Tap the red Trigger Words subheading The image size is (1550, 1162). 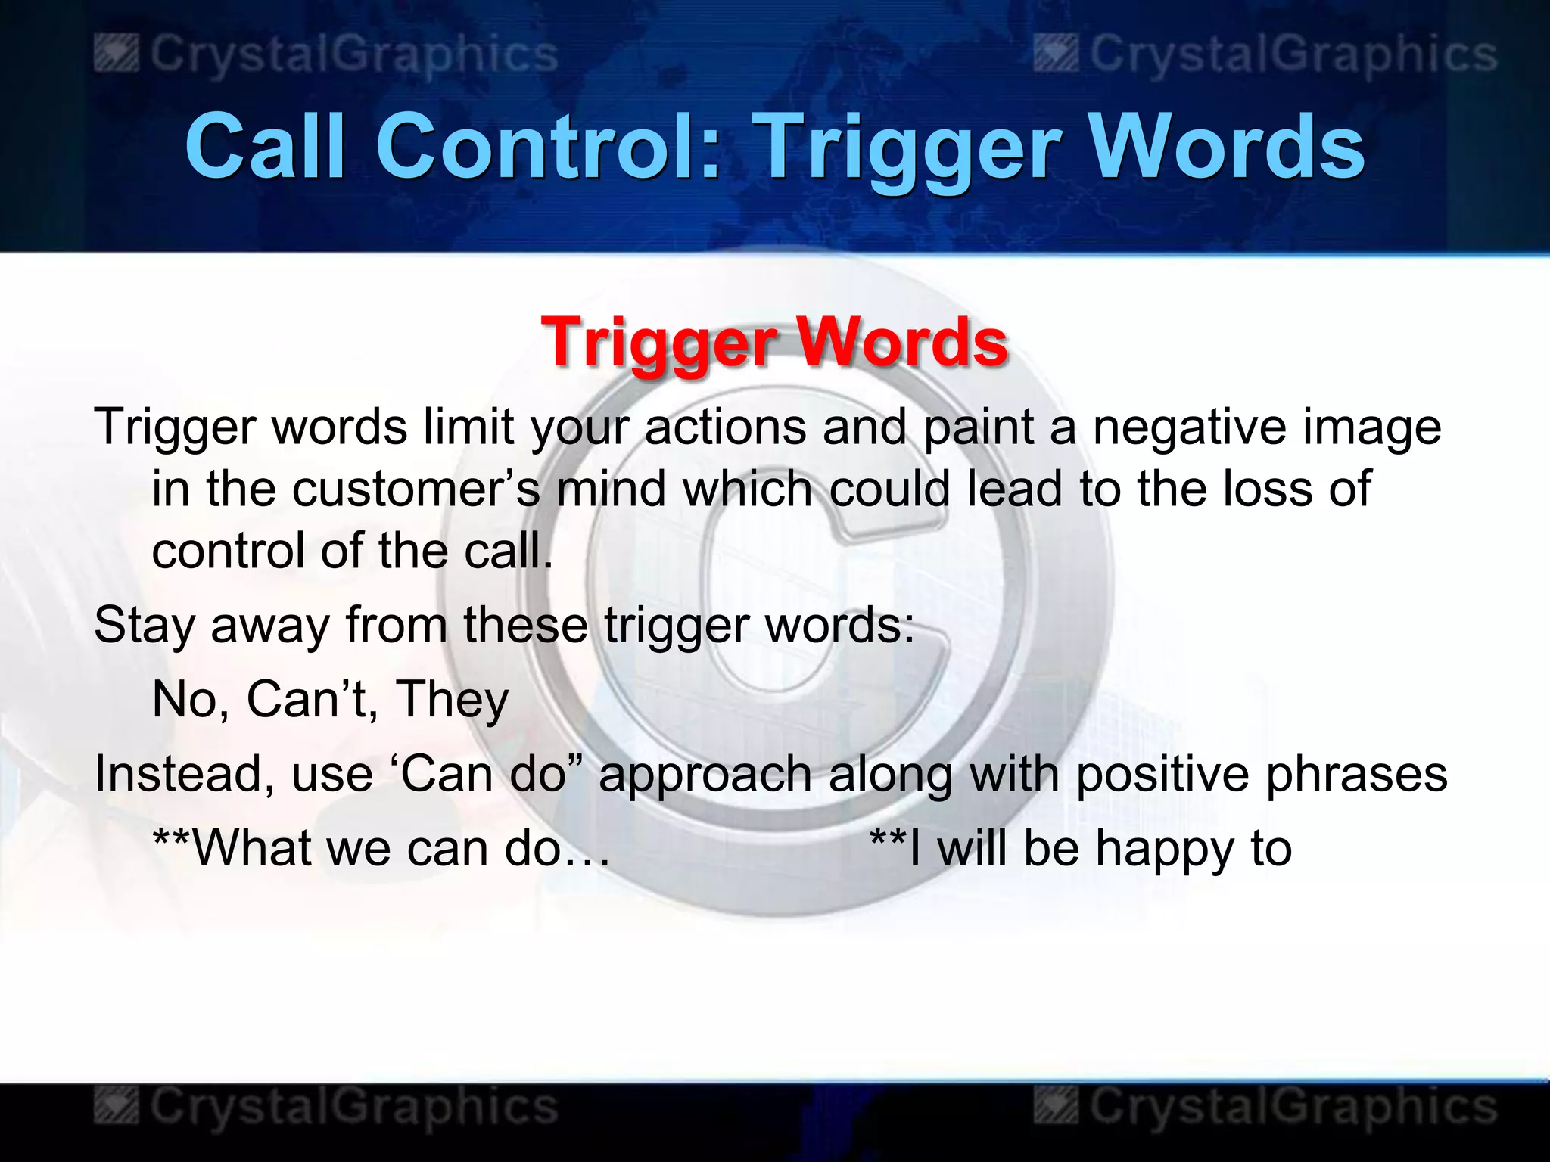tap(774, 342)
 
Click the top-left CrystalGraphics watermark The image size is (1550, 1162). tap(327, 55)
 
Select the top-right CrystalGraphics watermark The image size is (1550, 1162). tap(1265, 55)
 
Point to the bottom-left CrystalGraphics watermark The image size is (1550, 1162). tap(327, 1107)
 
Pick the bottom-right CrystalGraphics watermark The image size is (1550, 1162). tap(1265, 1107)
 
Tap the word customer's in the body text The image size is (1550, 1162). tap(416, 489)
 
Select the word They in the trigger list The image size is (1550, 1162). tap(453, 700)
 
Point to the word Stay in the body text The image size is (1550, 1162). tap(143, 626)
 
